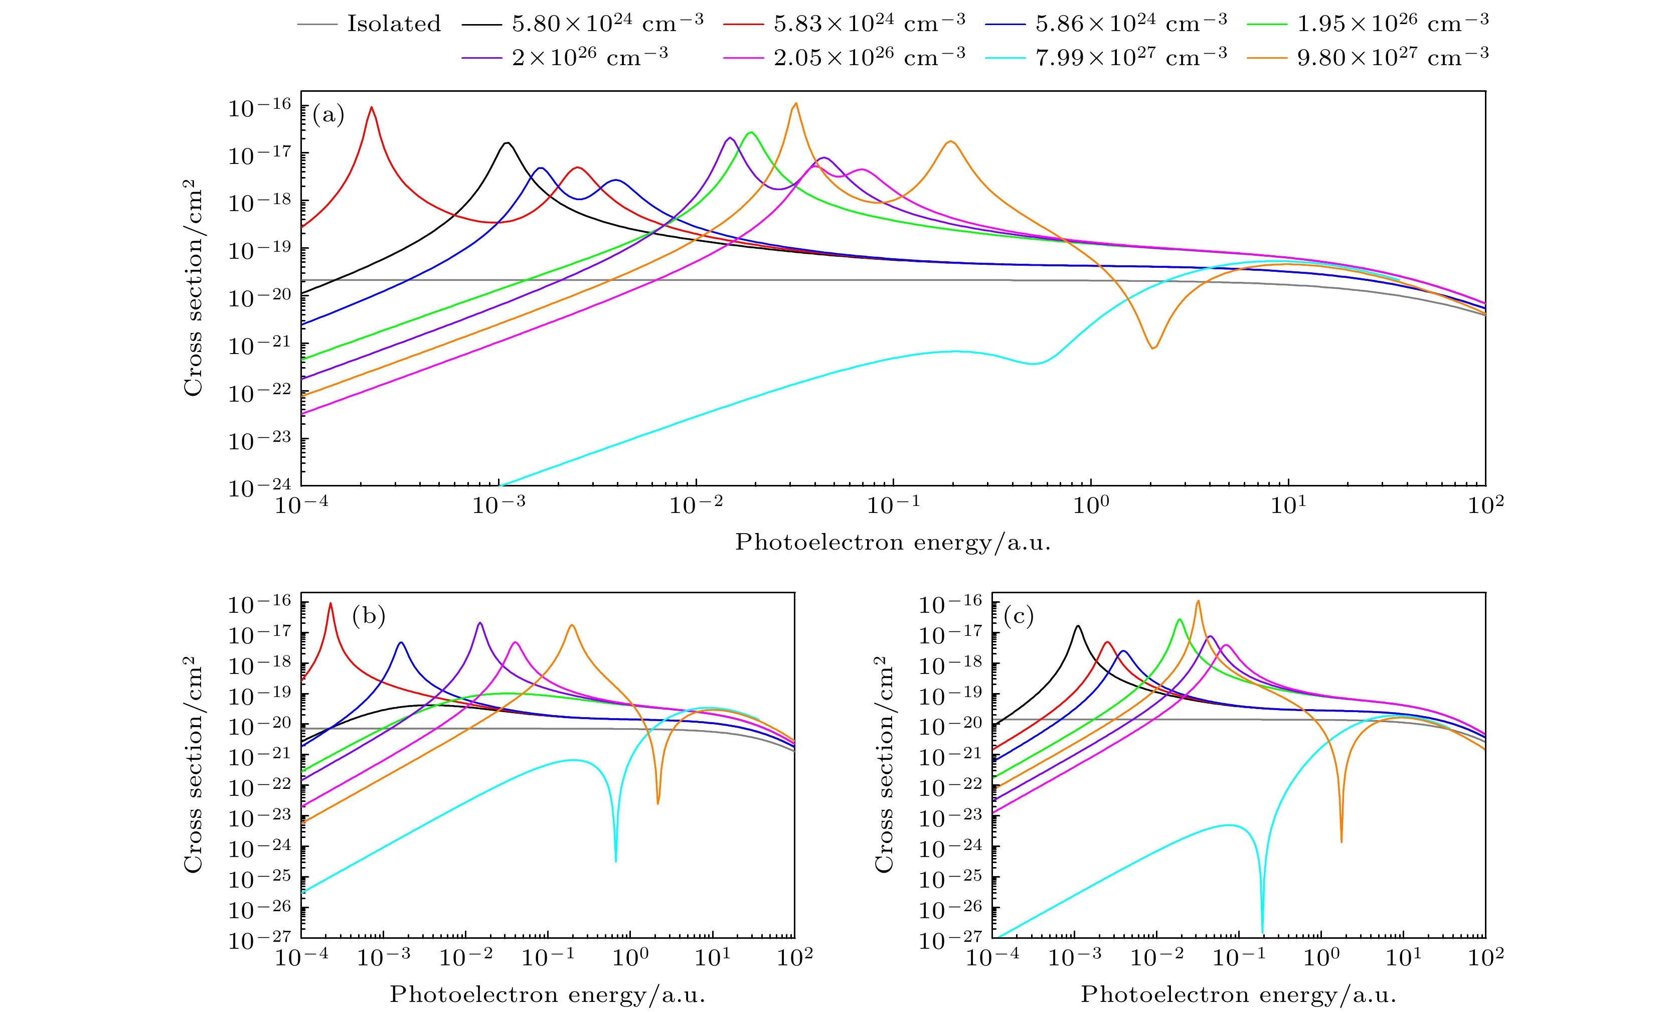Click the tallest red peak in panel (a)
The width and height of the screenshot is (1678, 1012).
[371, 108]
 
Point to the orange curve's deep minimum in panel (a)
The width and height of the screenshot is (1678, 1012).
[1153, 348]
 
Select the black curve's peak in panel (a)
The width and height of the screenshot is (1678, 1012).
[507, 143]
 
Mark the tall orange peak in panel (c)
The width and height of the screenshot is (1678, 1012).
[1198, 601]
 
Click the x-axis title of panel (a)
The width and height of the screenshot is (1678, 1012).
[892, 542]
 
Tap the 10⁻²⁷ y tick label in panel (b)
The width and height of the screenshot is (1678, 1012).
[259, 940]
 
